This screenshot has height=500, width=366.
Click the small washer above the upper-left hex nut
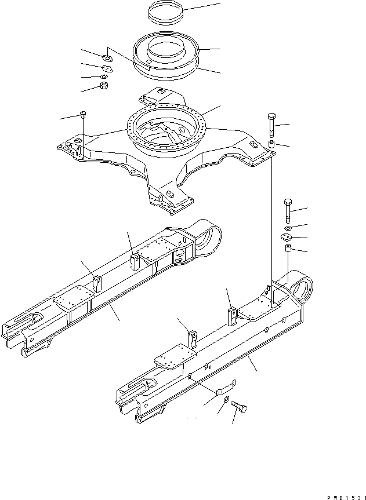pos(103,76)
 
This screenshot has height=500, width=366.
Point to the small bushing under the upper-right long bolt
pos(270,144)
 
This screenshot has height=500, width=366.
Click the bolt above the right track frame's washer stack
pos(288,209)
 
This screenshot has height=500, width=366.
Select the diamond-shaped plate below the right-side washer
pos(285,236)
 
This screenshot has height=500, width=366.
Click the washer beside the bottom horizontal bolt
pos(223,411)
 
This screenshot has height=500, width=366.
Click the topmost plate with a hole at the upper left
pos(106,57)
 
